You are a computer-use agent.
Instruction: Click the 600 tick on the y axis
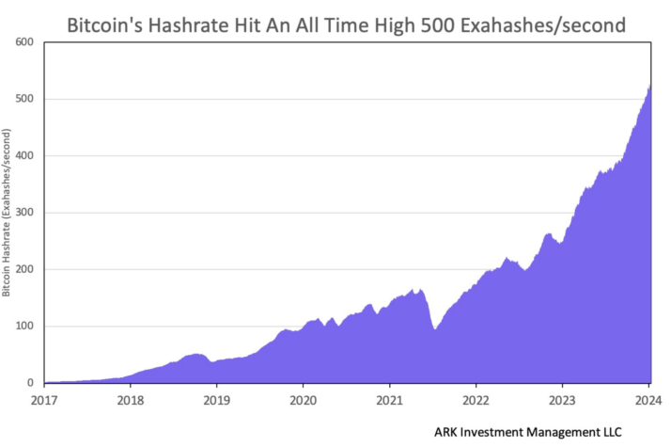pyautogui.click(x=24, y=42)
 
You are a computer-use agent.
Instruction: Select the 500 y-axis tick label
pyautogui.click(x=24, y=99)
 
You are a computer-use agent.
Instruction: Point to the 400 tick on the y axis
pyautogui.click(x=24, y=156)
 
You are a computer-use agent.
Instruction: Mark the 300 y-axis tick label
pyautogui.click(x=24, y=213)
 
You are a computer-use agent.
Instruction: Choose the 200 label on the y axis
pyautogui.click(x=24, y=270)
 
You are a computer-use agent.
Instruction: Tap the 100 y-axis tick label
pyautogui.click(x=24, y=327)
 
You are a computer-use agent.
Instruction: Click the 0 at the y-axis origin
pyautogui.click(x=31, y=383)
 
